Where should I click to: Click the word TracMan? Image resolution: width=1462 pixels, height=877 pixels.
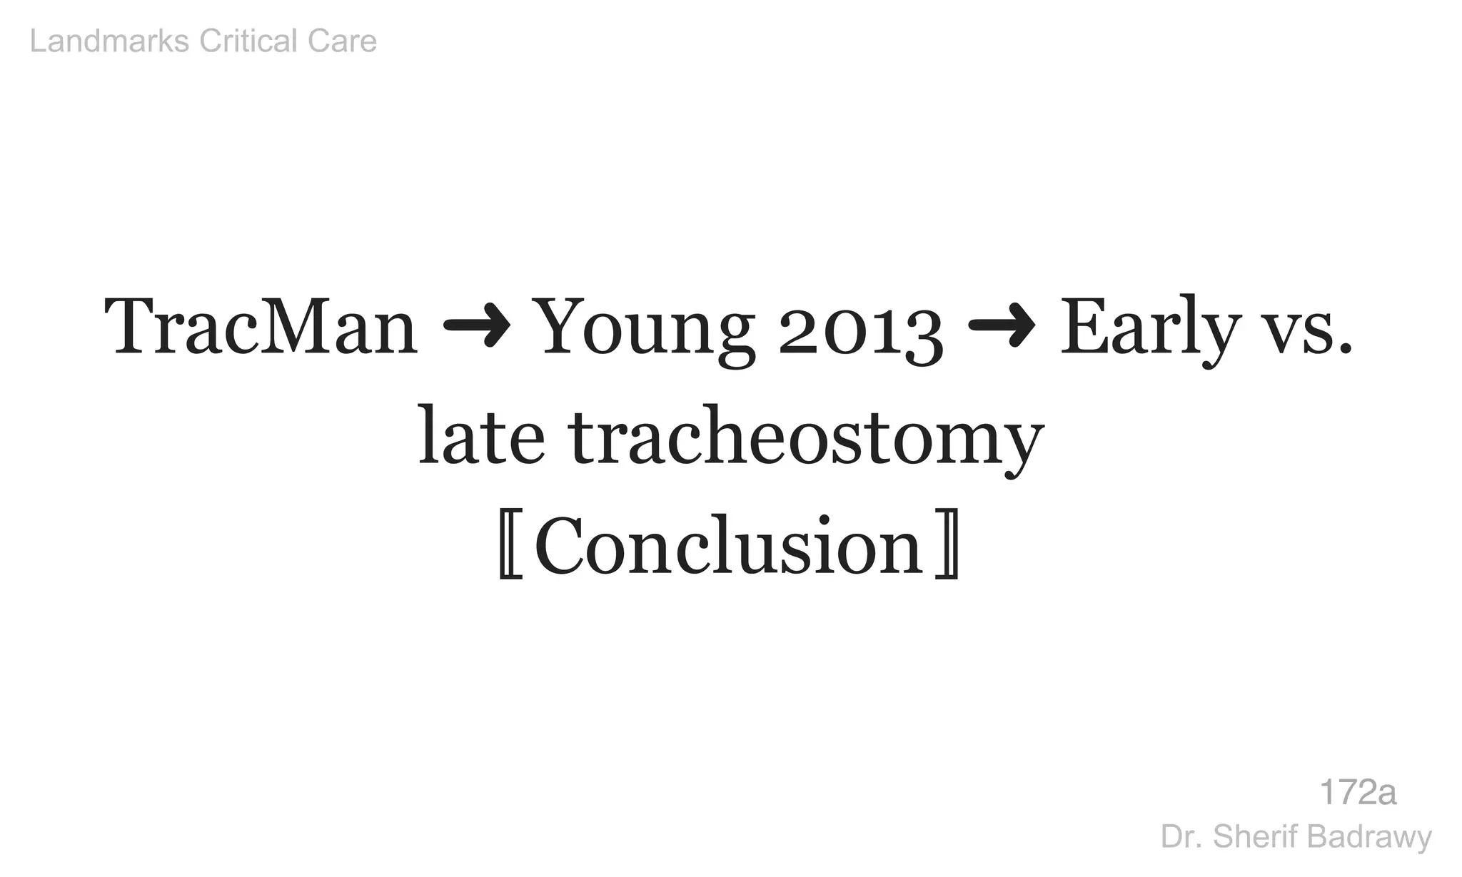pos(261,328)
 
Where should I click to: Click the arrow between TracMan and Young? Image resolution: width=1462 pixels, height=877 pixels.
pos(477,328)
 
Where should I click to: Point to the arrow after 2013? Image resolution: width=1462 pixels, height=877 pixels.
pos(1001,328)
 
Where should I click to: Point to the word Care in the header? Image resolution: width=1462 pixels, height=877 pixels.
pos(342,41)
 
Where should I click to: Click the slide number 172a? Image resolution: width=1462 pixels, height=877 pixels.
pos(1357,792)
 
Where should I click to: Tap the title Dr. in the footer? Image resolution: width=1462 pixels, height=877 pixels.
pos(1176,837)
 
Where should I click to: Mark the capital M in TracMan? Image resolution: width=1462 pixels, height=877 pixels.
pos(284,328)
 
